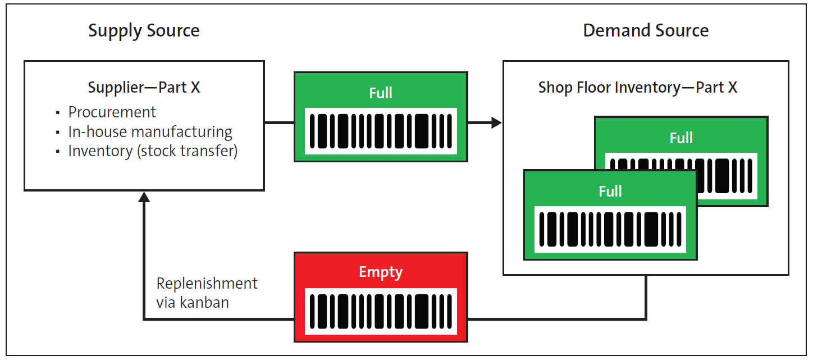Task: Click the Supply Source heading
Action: (144, 30)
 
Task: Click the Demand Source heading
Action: (646, 30)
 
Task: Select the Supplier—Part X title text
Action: (144, 88)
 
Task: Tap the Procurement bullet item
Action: (112, 112)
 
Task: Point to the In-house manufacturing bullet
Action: (150, 131)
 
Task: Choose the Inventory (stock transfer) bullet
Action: (153, 151)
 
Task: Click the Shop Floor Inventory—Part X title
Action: (638, 88)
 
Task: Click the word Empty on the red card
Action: (381, 272)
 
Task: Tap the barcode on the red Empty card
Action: (381, 311)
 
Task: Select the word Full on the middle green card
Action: (381, 93)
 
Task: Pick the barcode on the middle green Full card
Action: (381, 131)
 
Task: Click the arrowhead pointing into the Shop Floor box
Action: (496, 122)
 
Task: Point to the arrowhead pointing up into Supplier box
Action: (144, 197)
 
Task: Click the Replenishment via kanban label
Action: (207, 293)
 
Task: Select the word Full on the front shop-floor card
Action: (610, 192)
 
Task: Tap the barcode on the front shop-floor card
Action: (610, 229)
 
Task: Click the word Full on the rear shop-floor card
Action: (681, 138)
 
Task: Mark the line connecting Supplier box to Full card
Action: (279, 122)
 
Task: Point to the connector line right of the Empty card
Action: (556, 320)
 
